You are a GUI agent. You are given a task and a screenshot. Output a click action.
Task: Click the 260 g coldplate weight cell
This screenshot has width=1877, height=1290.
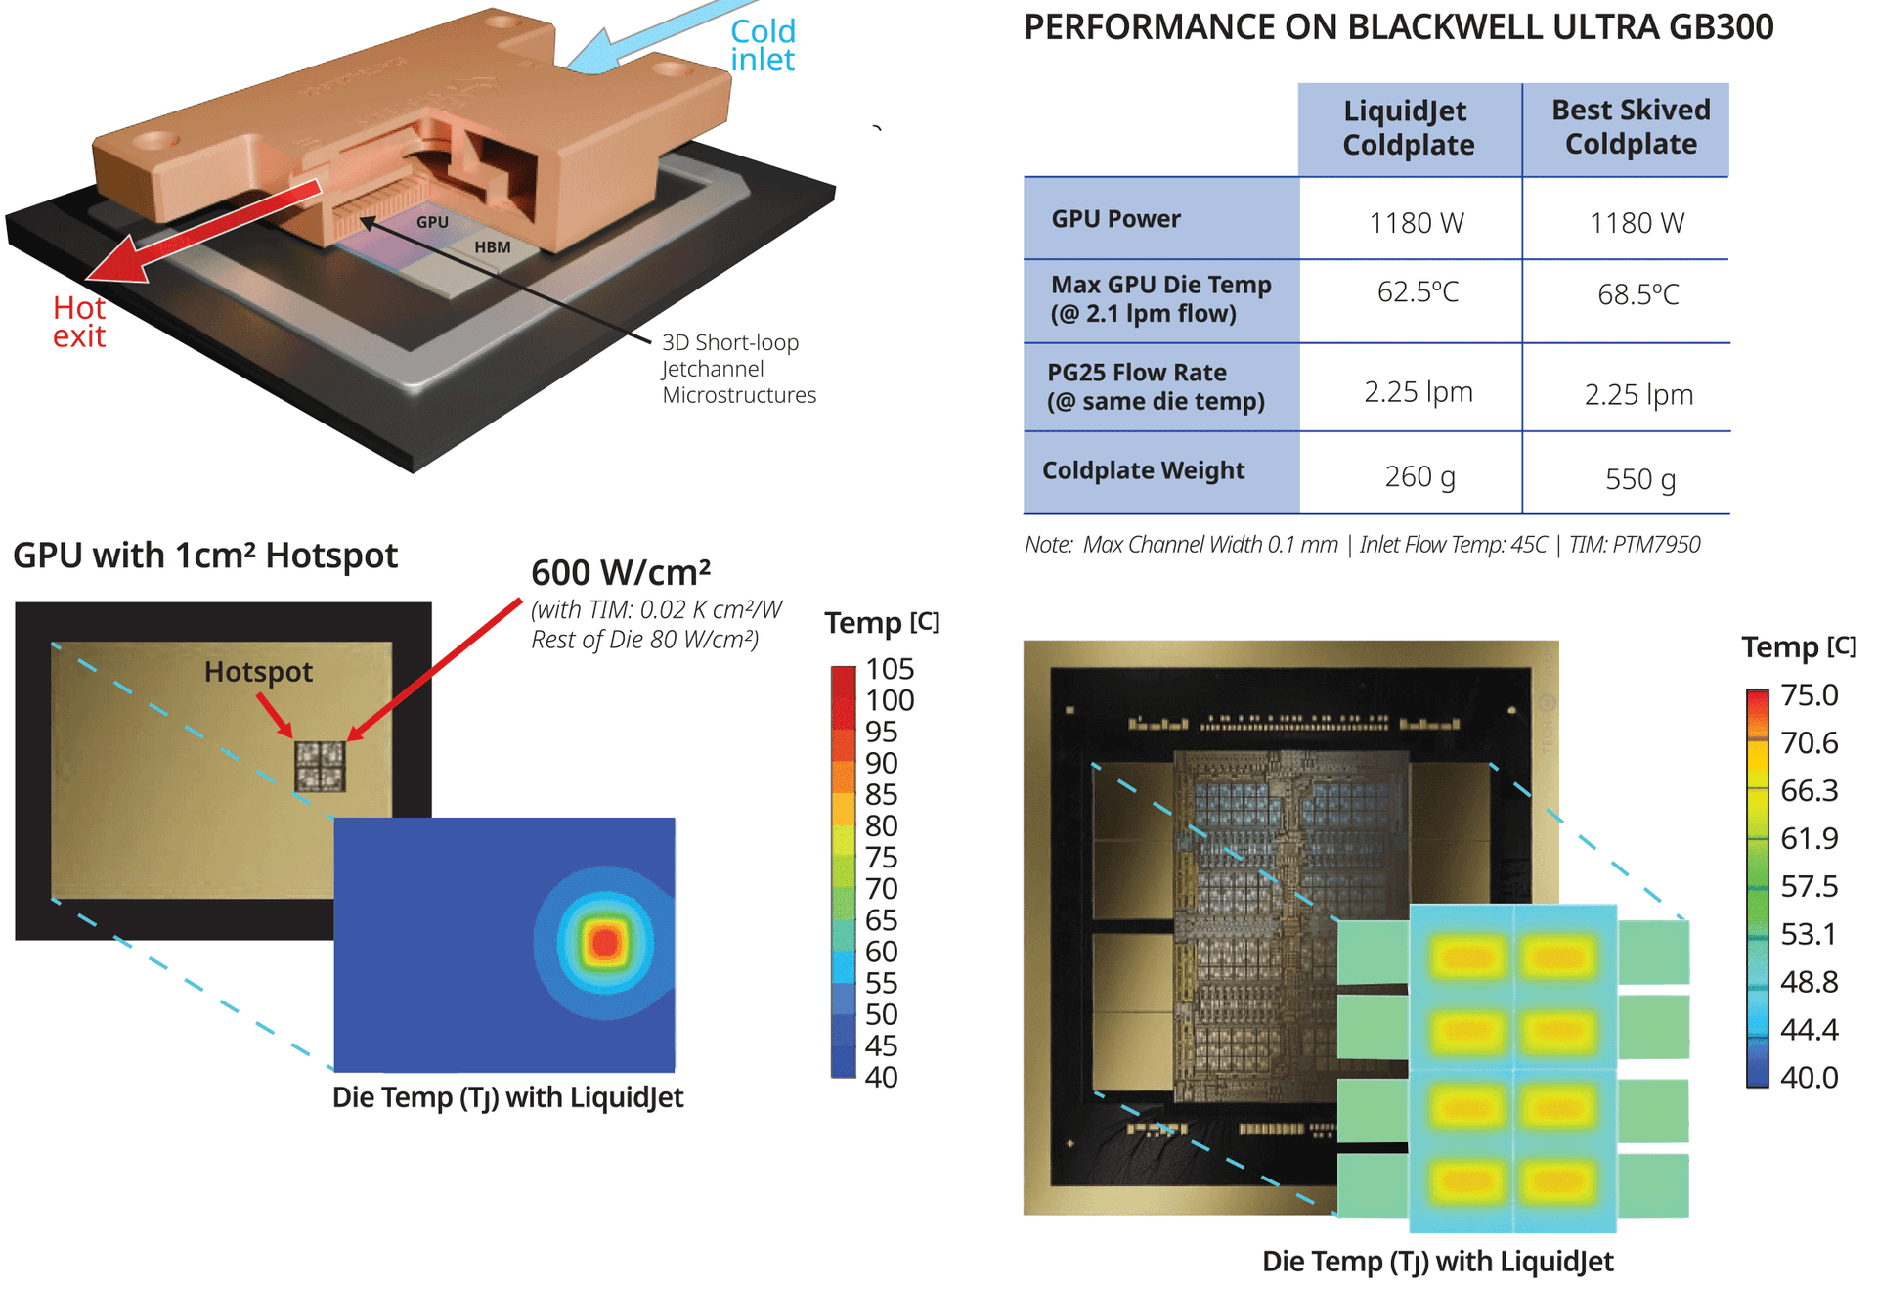pos(1419,476)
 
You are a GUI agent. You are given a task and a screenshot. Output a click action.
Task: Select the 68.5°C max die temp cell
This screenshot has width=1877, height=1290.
pos(1638,293)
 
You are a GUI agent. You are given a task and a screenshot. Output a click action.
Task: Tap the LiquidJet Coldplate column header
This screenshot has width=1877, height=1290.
pos(1408,128)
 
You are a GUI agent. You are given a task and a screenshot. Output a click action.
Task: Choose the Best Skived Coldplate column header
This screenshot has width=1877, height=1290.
pos(1631,127)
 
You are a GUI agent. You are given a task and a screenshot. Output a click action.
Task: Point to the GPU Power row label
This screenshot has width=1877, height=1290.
pos(1115,219)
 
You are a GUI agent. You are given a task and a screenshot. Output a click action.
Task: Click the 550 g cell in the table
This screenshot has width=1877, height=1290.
pos(1640,479)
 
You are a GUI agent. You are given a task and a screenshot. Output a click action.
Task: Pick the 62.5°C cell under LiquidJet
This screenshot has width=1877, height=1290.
pos(1418,291)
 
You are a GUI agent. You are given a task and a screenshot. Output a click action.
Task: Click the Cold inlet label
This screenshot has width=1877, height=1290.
pos(763,45)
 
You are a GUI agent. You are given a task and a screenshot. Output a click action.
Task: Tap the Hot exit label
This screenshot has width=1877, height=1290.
pos(79,322)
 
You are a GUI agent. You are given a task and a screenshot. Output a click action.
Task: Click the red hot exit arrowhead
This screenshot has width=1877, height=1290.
pos(116,261)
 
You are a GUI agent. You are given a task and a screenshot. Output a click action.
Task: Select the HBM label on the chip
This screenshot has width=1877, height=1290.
pos(493,247)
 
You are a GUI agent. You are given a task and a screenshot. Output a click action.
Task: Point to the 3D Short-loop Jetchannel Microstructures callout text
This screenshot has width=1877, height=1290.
pos(739,369)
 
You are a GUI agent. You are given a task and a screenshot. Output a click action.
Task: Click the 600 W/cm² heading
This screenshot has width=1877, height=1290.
pos(621,572)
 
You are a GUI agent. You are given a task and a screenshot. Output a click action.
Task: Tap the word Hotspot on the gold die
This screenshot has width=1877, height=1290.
pos(258,672)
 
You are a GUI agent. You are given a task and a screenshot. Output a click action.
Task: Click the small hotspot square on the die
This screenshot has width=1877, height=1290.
pos(320,766)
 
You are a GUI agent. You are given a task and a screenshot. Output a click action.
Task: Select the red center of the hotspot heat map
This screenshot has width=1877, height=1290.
pos(605,943)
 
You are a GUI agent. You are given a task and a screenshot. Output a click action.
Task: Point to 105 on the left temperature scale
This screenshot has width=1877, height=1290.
pos(890,669)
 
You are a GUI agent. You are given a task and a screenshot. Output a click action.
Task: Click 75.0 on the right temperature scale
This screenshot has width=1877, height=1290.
pos(1810,695)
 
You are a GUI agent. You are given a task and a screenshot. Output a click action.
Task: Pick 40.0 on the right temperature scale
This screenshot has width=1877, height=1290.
pos(1810,1078)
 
